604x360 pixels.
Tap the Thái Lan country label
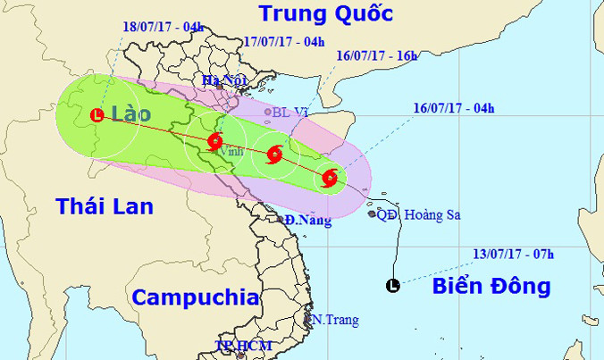point(105,206)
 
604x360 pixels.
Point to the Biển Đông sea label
point(491,287)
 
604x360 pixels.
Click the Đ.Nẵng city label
point(309,219)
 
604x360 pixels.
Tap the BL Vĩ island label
point(294,113)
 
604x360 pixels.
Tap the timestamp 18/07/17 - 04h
point(163,26)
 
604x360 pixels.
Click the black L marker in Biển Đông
point(391,286)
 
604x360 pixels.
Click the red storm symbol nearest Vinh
point(215,140)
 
